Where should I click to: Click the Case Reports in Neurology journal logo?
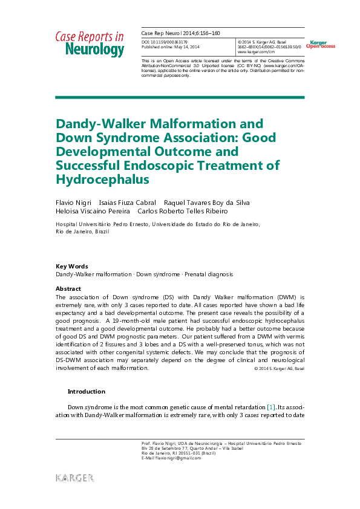tap(90, 44)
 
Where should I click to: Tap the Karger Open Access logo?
tap(321, 44)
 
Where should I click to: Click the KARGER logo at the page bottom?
tap(75, 478)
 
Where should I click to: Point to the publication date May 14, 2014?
tap(184, 47)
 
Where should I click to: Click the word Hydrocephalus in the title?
tap(102, 180)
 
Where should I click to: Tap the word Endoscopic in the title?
tap(194, 166)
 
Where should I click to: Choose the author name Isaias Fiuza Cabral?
tap(127, 202)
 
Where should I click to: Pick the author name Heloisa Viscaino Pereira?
tap(93, 211)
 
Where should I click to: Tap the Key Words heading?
tap(71, 266)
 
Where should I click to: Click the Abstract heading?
tap(68, 289)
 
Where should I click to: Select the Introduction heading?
tap(86, 391)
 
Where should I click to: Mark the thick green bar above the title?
tap(180, 97)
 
